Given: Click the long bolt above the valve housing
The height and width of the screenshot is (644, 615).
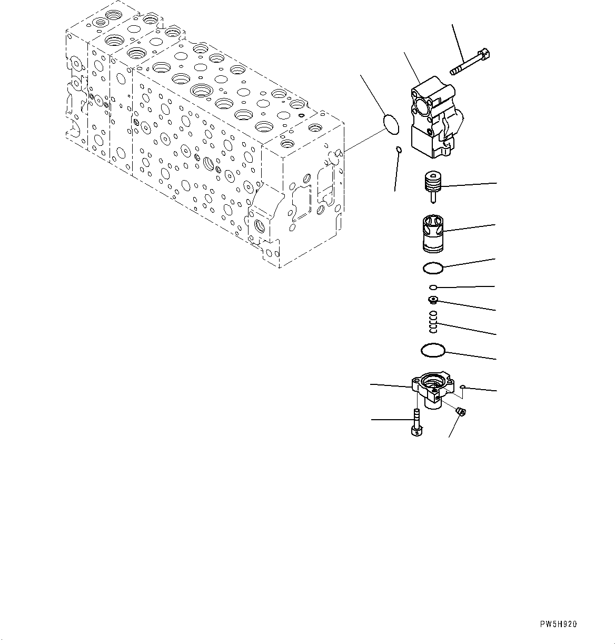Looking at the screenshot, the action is [470, 62].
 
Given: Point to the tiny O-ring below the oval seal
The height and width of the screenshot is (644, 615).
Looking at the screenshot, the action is [399, 151].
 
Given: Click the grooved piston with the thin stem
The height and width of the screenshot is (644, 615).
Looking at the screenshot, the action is [431, 185].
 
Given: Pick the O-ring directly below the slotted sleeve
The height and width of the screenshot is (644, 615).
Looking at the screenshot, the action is [433, 269].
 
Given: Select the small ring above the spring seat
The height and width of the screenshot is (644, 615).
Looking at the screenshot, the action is [433, 288].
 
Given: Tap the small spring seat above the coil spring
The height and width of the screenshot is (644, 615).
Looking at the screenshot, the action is [433, 300].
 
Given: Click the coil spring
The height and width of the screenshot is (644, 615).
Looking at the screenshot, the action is [433, 322].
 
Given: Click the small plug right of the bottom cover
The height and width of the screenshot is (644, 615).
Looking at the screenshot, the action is [460, 411].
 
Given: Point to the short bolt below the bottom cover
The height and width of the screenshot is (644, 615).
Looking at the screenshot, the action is [415, 424].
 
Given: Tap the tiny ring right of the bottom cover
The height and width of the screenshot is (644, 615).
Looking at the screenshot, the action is [461, 387].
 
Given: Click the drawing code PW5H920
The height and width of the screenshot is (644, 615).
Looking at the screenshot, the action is [558, 624].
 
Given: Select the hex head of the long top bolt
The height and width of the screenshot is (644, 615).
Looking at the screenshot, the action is [485, 54].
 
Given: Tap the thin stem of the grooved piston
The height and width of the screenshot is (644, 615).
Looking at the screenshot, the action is [432, 197].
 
